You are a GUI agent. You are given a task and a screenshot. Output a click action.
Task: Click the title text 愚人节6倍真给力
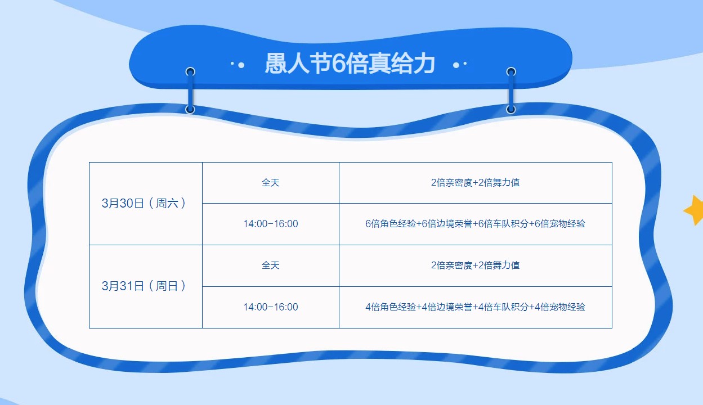(x=350, y=64)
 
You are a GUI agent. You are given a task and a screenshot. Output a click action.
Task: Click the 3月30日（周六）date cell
(x=144, y=204)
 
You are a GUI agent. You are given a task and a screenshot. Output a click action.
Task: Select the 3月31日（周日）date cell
(x=144, y=286)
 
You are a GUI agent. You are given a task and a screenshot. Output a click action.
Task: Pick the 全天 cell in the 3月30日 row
(x=270, y=183)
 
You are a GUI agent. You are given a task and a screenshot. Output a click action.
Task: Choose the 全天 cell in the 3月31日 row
(x=270, y=265)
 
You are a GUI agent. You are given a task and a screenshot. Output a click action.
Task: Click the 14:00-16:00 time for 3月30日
(x=270, y=224)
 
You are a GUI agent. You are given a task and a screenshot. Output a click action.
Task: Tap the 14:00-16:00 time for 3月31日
(x=270, y=307)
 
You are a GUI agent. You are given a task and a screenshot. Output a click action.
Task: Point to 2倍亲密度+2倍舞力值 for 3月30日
(x=475, y=183)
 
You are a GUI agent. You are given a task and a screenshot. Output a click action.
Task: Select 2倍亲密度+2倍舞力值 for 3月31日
(x=475, y=265)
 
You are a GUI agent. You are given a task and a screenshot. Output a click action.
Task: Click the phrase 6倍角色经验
(x=390, y=224)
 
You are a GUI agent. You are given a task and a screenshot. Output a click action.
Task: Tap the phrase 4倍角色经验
(x=390, y=307)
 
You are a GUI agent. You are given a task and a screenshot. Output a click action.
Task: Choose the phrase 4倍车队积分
(x=503, y=307)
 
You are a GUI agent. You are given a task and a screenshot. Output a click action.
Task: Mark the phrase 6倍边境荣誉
(x=446, y=224)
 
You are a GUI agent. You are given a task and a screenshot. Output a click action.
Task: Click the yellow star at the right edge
(x=695, y=210)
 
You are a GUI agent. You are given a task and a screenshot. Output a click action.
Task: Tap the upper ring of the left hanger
(x=190, y=72)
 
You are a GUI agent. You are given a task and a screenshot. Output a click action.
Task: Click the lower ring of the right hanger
(x=511, y=109)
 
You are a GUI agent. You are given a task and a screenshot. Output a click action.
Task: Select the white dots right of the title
(x=460, y=65)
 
